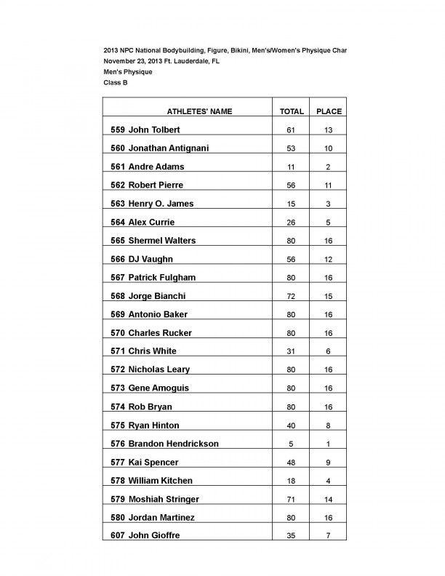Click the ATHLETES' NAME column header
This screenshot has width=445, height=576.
200,111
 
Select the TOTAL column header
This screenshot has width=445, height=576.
292,111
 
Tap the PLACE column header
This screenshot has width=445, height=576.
329,111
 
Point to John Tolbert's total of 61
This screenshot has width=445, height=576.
292,130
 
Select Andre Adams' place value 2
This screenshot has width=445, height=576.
329,167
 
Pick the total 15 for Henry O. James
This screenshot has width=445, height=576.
292,204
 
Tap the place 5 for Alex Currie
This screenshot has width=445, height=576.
329,223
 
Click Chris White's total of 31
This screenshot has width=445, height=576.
292,351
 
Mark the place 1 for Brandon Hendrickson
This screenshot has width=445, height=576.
329,444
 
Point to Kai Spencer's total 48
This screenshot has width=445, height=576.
292,462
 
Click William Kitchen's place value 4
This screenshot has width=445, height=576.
329,481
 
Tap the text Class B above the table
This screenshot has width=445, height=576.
115,84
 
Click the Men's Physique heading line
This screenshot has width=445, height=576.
127,72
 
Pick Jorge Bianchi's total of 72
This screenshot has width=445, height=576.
292,296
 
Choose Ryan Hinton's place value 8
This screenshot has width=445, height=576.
329,425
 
